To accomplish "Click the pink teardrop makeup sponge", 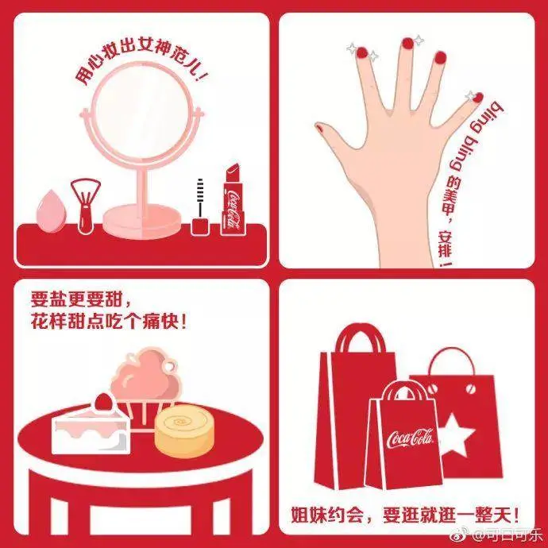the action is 51,212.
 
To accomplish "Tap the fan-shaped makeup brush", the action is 85,206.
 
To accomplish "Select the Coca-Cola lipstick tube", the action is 233,199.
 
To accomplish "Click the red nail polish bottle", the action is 200,207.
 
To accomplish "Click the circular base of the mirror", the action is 142,222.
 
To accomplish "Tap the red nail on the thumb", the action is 319,128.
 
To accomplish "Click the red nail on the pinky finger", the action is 477,98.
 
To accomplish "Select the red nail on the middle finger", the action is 407,43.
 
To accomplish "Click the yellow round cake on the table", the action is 184,431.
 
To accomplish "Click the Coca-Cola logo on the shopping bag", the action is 410,438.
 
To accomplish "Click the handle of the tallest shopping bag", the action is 361,337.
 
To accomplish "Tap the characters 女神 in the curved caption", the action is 152,47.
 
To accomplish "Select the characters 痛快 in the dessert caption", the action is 158,321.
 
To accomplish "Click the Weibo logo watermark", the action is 458,534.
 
